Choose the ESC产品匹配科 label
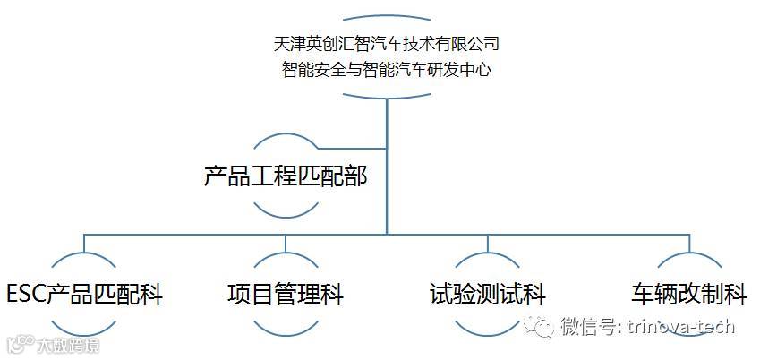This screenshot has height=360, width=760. [x=84, y=295]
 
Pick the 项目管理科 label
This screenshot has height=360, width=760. [x=286, y=295]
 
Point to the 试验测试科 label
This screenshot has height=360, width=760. [x=487, y=295]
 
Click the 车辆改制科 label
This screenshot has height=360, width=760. [x=689, y=295]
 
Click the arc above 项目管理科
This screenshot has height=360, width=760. [x=286, y=260]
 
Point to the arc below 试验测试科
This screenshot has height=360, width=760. [x=487, y=329]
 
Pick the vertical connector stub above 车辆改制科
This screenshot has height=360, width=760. [x=689, y=243]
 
